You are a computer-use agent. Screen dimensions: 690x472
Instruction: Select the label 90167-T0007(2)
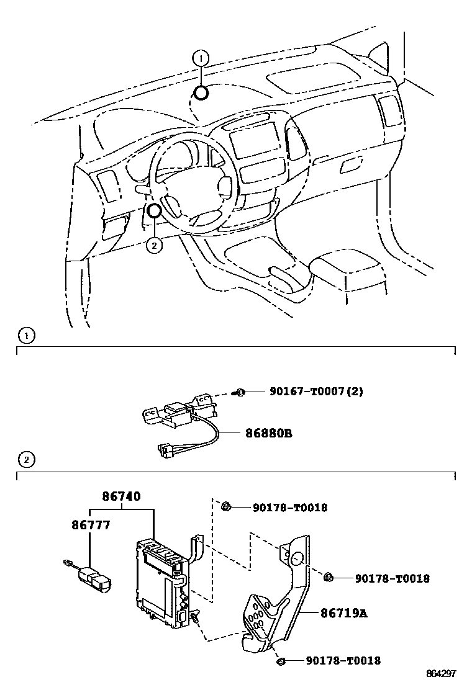[316, 392]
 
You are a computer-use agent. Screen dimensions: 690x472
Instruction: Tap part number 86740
[122, 496]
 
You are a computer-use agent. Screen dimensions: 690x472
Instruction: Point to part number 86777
[90, 526]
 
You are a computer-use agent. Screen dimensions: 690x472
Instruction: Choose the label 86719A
[343, 613]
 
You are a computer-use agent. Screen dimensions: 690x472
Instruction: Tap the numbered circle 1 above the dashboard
[200, 60]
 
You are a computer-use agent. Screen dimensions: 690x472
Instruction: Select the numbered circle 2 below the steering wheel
[153, 245]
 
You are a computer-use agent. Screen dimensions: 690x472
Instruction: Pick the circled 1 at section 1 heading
[26, 337]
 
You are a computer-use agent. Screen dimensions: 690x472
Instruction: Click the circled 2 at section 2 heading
[26, 460]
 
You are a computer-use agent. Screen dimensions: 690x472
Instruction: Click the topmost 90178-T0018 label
[289, 508]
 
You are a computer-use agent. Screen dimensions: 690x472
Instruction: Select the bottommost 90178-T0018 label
[343, 661]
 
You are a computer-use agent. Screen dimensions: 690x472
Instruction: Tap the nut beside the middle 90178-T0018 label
[329, 578]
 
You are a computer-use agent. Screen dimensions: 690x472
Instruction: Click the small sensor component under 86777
[93, 578]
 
